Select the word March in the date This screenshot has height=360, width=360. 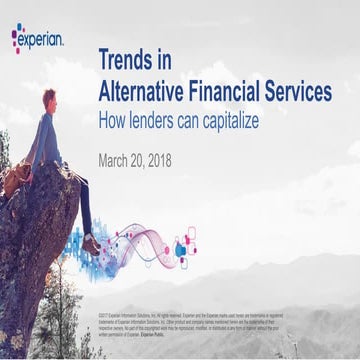click(x=120, y=160)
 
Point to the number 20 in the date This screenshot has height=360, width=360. click(x=150, y=160)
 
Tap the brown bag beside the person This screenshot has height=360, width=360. click(x=17, y=180)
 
